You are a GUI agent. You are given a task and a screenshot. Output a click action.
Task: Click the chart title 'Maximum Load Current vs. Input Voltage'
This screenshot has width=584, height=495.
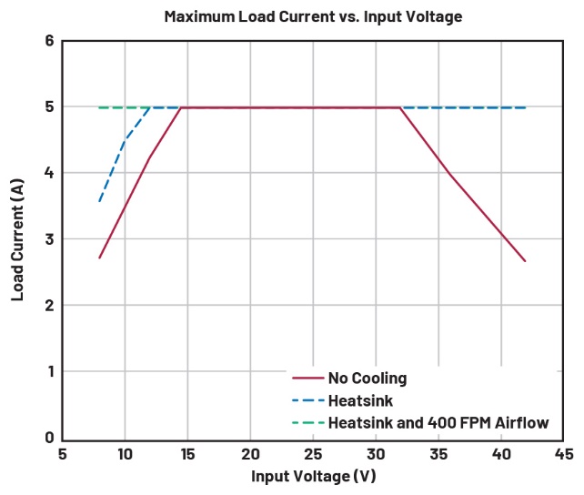pos(300,15)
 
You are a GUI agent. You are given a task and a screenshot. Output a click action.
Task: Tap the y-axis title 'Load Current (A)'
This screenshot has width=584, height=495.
pos(17,238)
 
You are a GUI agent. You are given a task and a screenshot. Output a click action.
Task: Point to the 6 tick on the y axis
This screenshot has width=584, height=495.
pos(49,41)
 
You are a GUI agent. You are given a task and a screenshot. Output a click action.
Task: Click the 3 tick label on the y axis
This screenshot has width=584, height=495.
pos(49,239)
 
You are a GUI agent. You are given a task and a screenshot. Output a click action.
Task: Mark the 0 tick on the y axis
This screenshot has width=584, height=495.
pos(49,438)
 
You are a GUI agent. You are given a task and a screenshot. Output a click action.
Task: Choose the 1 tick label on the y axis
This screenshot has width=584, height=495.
pos(49,371)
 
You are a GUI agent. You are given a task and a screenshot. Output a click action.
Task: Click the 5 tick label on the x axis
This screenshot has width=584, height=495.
pos(62,453)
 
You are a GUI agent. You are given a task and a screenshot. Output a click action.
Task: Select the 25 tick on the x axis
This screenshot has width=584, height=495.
pos(313,453)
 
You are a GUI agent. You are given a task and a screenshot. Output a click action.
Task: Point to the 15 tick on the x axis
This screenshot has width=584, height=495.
pos(187,453)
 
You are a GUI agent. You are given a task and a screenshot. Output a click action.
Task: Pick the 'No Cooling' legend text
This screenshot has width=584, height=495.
pos(368,378)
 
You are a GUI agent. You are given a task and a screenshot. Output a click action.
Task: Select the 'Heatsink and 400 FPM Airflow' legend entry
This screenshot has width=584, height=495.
pos(425,423)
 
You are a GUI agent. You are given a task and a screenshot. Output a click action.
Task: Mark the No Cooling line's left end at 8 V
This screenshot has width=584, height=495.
pos(99,258)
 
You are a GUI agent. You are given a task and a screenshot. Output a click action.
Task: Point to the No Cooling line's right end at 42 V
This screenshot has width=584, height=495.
pos(526,261)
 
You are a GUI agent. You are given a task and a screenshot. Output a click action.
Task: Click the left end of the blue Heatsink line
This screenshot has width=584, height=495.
pos(99,201)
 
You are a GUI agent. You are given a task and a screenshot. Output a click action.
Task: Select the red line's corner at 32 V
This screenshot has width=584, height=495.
pos(400,107)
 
